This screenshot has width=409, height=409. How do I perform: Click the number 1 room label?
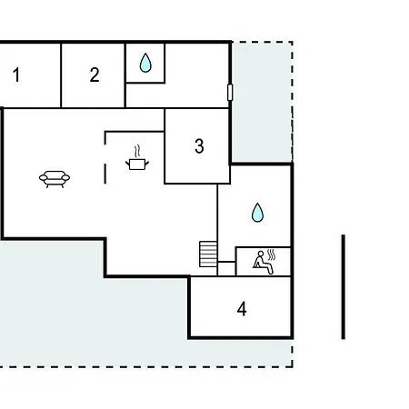(16, 75)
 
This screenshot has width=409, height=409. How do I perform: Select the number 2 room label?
(95, 75)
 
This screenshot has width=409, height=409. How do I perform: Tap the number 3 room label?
(199, 146)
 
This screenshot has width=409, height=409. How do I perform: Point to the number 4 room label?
(242, 309)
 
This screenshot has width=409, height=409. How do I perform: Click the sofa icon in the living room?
(55, 179)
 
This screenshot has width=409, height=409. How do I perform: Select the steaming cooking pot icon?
(137, 158)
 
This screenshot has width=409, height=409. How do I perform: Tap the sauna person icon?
(263, 263)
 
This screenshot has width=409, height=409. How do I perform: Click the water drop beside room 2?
(145, 63)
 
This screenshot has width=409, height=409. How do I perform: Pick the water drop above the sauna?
(257, 213)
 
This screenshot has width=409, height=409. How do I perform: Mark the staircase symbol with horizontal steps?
(208, 254)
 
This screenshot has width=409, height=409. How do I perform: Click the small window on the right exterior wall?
(230, 93)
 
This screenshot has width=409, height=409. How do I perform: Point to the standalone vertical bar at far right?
(344, 286)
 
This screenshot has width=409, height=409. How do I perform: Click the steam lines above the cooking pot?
(137, 151)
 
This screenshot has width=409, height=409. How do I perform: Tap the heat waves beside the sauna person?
(272, 255)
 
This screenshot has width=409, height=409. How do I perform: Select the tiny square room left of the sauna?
(226, 269)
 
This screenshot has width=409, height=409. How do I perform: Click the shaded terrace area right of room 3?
(262, 102)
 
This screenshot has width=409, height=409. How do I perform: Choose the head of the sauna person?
(261, 254)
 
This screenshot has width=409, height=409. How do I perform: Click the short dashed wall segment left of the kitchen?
(105, 174)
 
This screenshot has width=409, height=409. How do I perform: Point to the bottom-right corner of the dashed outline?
(293, 367)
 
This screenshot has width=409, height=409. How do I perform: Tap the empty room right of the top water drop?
(197, 75)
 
